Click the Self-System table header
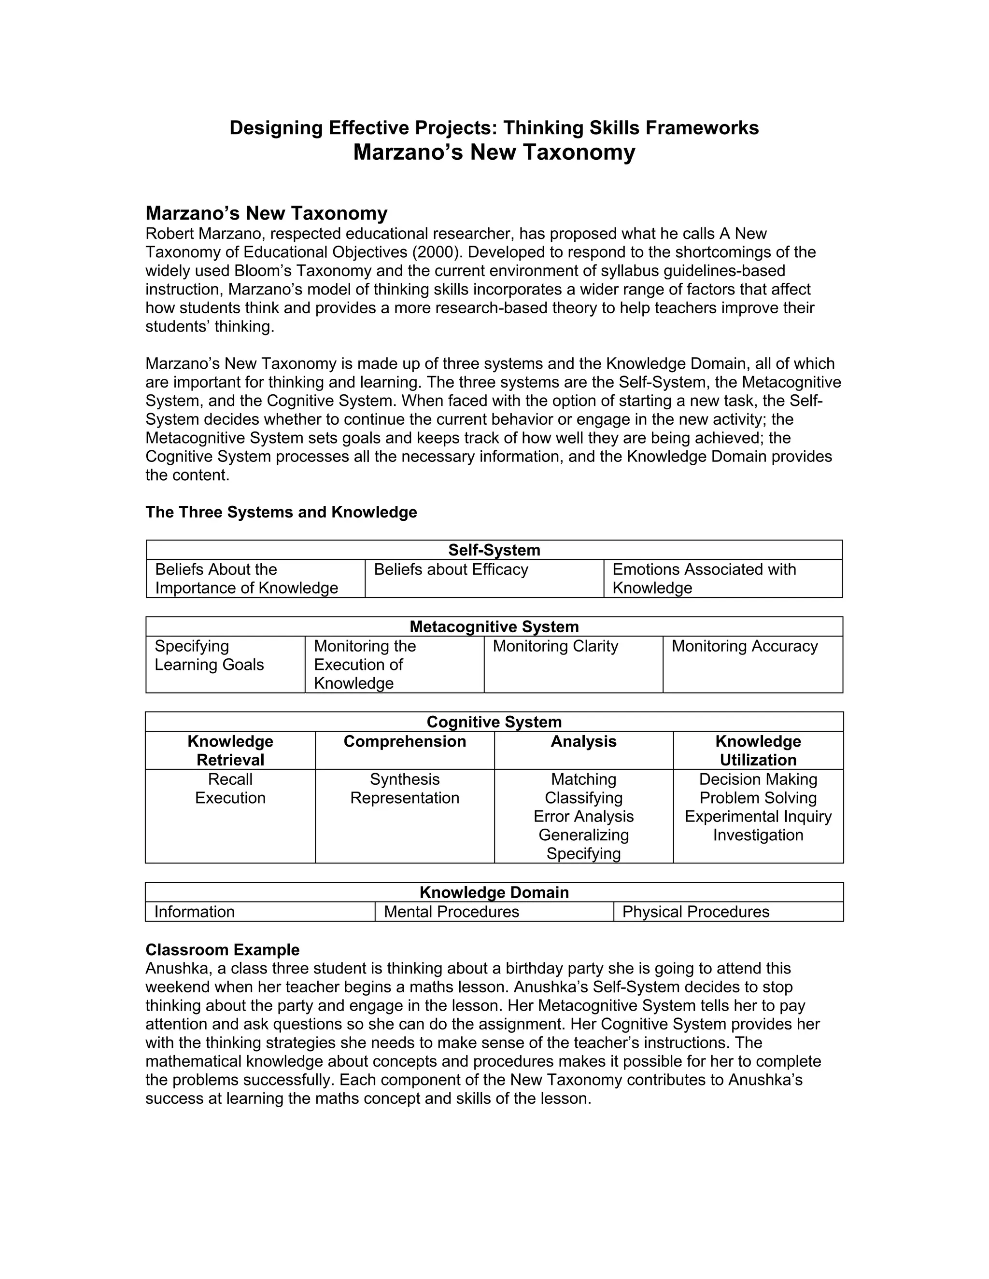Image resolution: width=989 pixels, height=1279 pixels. pos(494,550)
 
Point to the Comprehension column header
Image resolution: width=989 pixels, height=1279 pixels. pos(404,741)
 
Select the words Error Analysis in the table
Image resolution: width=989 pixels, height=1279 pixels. pos(583,816)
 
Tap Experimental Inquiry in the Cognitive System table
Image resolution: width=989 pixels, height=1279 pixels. pos(758,816)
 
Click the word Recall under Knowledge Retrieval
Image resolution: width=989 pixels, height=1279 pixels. pos(230,779)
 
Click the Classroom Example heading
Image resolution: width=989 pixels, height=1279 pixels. pos(222,950)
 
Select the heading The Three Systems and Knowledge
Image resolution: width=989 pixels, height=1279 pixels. pos(281,513)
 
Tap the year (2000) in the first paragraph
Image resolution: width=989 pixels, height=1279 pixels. pos(432,252)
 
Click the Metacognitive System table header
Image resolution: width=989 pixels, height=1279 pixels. pos(494,626)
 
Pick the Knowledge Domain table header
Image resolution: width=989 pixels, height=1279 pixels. pos(494,892)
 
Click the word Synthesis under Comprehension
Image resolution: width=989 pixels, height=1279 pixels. pos(404,779)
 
